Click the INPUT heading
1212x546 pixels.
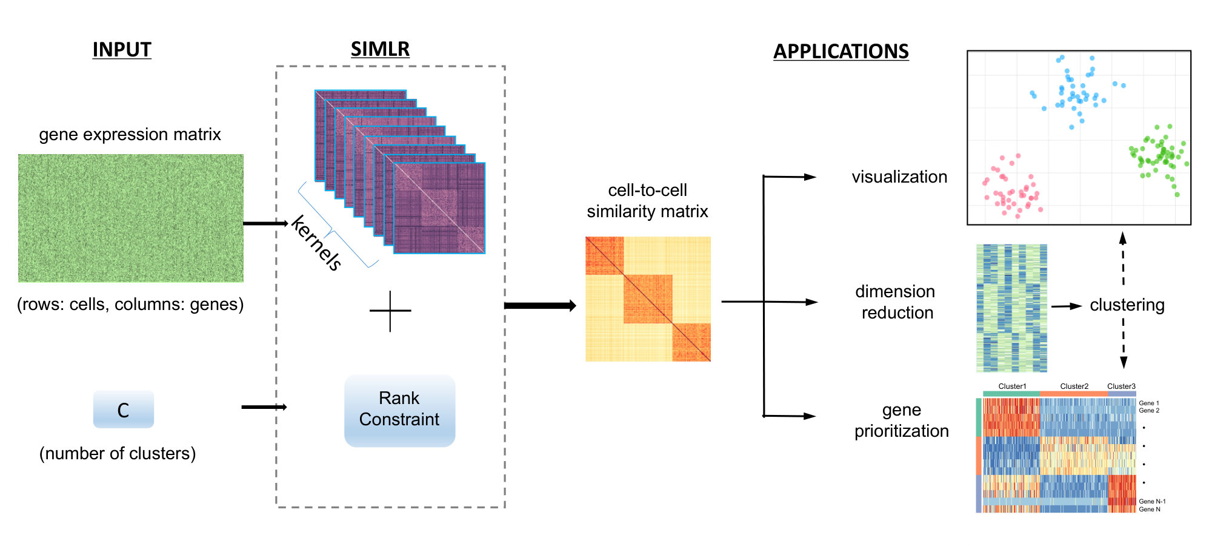pyautogui.click(x=122, y=50)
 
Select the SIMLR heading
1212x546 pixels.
pyautogui.click(x=380, y=49)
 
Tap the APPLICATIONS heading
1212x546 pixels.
pyautogui.click(x=841, y=52)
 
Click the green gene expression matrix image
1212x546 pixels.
pyautogui.click(x=131, y=218)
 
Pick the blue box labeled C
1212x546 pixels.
pyautogui.click(x=124, y=409)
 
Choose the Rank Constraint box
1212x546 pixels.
pyautogui.click(x=399, y=411)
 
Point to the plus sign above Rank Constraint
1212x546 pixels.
pyautogui.click(x=390, y=311)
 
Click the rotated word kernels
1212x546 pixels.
pyautogui.click(x=316, y=243)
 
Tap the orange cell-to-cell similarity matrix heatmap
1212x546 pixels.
pyautogui.click(x=648, y=299)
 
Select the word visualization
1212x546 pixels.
pyautogui.click(x=899, y=177)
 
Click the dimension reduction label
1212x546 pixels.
pyautogui.click(x=896, y=302)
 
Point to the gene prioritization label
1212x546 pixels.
pyautogui.click(x=902, y=420)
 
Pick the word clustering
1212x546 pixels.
pyautogui.click(x=1127, y=305)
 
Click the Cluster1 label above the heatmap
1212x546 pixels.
pyautogui.click(x=1012, y=386)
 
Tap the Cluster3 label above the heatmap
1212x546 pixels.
pyautogui.click(x=1121, y=386)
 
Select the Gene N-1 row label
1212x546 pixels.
pyautogui.click(x=1152, y=501)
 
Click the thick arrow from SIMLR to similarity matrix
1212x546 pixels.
pyautogui.click(x=540, y=305)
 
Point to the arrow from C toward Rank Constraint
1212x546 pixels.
pyautogui.click(x=264, y=406)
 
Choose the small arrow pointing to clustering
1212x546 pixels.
pyautogui.click(x=1067, y=306)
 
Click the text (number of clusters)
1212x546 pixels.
pyautogui.click(x=118, y=453)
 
